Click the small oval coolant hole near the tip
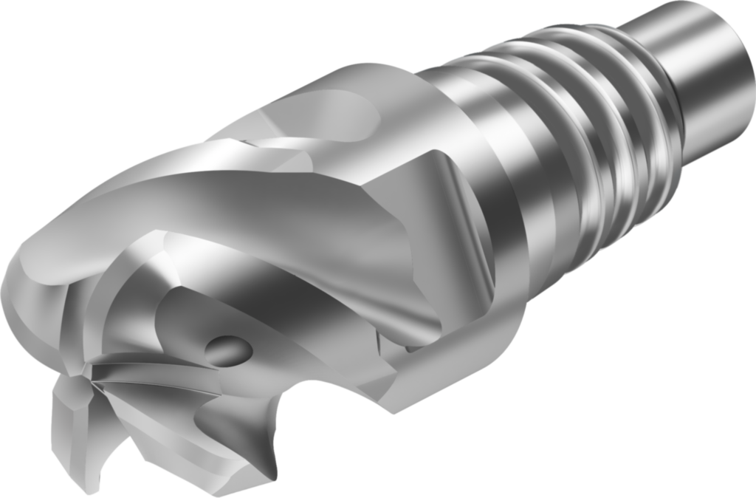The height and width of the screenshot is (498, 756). [x=227, y=348]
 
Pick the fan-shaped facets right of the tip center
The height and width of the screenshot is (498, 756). [x=148, y=369]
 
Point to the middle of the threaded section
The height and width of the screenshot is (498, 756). [x=591, y=148]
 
